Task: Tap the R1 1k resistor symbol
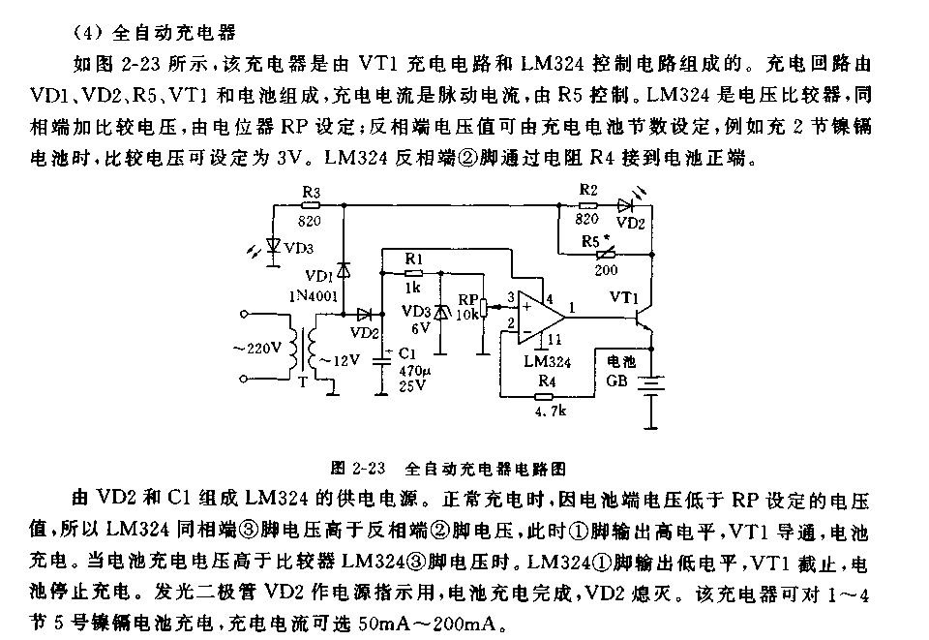click(413, 274)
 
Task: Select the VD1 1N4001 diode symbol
click(342, 268)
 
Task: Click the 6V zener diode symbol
click(441, 312)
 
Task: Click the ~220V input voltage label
click(256, 348)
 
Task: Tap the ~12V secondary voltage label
click(342, 360)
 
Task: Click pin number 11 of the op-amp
click(554, 339)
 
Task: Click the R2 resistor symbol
click(588, 205)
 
